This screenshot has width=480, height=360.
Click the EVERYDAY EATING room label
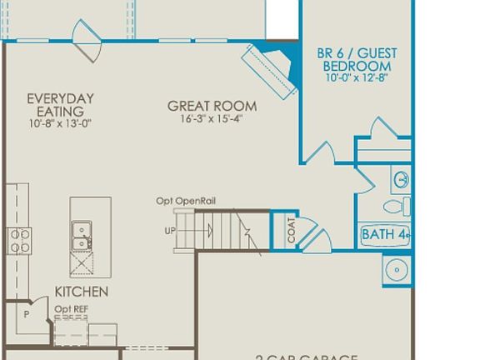point(60,105)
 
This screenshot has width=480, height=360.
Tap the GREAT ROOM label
point(212,106)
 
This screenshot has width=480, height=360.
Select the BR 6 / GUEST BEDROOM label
point(357,60)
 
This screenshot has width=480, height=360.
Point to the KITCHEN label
point(82,292)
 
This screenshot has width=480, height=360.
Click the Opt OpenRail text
point(186,201)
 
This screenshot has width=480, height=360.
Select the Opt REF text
point(71,309)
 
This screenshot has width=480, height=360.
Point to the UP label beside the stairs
point(170,230)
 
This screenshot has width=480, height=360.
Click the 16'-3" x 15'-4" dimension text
point(212,118)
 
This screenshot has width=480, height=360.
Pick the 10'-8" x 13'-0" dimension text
point(60,123)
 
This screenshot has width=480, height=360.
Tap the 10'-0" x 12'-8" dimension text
point(357,77)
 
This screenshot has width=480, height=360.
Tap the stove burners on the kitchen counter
point(19,241)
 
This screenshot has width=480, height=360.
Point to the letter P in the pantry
point(27,315)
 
